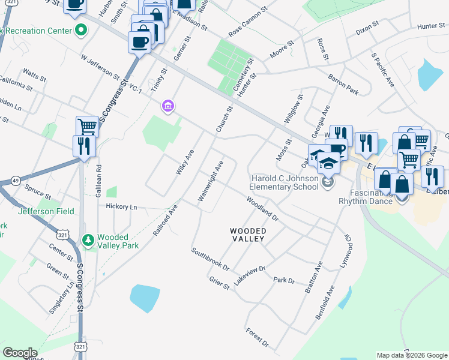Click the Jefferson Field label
(x=43, y=211)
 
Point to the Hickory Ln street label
(x=122, y=207)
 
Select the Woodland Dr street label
(x=262, y=208)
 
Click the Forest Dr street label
(x=257, y=337)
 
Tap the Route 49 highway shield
(x=15, y=181)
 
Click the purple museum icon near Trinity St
(x=167, y=107)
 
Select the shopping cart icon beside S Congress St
(x=87, y=126)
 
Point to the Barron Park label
(x=343, y=85)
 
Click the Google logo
(x=20, y=353)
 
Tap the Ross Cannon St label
(x=247, y=22)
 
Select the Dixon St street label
(x=367, y=28)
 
